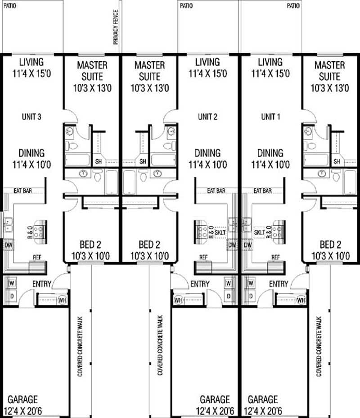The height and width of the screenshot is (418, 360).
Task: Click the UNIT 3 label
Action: click(x=31, y=117)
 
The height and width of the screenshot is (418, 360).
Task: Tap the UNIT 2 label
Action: click(x=208, y=117)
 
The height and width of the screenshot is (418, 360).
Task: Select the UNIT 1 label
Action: click(x=270, y=117)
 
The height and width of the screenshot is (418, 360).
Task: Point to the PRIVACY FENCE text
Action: click(x=116, y=27)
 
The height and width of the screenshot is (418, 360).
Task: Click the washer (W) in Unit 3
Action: click(x=12, y=283)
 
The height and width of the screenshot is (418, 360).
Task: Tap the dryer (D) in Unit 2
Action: click(x=229, y=296)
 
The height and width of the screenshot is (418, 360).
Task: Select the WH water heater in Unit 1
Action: click(x=301, y=300)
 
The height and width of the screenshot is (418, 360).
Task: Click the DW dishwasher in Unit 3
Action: click(x=9, y=245)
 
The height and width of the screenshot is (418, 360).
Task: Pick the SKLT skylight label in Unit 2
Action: click(x=220, y=232)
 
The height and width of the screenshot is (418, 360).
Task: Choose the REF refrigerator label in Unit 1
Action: click(x=275, y=257)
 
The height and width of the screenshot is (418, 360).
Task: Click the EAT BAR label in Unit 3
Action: click(x=22, y=191)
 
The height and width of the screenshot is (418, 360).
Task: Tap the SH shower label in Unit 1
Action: click(x=337, y=161)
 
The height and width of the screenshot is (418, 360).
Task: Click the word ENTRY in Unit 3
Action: click(x=41, y=284)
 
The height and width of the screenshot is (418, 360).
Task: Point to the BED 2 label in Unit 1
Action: click(x=330, y=245)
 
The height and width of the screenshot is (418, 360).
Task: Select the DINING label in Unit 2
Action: click(x=208, y=153)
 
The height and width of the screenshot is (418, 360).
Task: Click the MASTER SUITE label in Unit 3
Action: click(x=92, y=71)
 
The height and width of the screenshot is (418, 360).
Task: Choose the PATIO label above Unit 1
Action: click(x=293, y=5)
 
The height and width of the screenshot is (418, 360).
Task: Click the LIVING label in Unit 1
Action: click(x=270, y=62)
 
